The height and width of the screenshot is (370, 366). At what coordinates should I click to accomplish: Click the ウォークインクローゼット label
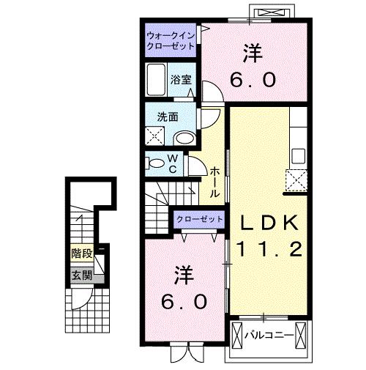(x=171, y=40)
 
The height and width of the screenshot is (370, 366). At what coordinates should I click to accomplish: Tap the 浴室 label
(x=182, y=79)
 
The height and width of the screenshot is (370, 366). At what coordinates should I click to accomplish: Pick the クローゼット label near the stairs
(x=200, y=219)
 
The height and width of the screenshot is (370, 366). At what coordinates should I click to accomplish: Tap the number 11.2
(x=268, y=250)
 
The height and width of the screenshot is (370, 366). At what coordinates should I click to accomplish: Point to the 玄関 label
(x=81, y=275)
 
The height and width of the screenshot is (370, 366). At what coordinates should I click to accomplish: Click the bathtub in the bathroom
(x=156, y=78)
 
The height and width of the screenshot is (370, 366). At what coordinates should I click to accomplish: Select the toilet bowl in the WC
(x=155, y=163)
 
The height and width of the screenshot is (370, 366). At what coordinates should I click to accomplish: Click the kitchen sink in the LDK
(x=298, y=156)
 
